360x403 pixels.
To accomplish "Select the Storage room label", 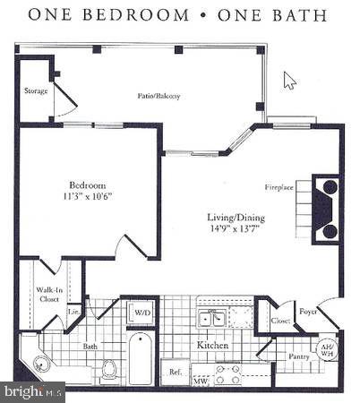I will tap(35, 90).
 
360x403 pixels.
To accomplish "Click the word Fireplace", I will tap(279, 187).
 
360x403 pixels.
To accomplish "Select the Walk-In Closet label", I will tap(48, 294).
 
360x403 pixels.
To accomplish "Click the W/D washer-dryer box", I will tap(142, 312).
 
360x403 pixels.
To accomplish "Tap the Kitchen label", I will tap(213, 345).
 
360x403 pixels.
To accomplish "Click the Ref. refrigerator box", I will tap(172, 370).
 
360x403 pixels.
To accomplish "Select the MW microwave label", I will tap(201, 382).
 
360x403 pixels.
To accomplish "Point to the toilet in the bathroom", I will tap(110, 369).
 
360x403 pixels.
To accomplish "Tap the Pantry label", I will tap(298, 356).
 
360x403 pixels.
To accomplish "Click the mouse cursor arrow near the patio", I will tap(288, 80).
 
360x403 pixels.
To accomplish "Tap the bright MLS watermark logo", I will tap(33, 391).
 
